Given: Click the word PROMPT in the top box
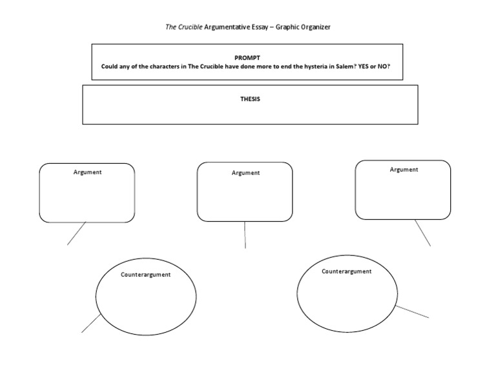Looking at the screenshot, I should (247, 57).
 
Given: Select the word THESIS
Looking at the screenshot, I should (249, 99).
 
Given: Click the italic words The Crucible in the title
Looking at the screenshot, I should (184, 27).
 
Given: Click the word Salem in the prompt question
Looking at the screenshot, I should (342, 66).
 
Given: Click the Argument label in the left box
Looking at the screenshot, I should (87, 172).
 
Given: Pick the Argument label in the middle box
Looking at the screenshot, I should (245, 173).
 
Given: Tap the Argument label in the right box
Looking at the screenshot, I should (404, 170).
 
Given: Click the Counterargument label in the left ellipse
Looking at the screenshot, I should (145, 275).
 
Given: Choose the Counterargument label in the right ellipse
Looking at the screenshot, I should (347, 271).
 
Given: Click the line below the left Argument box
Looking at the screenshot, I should (76, 233).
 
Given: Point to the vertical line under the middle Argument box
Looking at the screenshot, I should (245, 235).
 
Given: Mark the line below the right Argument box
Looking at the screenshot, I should (422, 233).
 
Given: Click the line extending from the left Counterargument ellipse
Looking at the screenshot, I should (91, 323).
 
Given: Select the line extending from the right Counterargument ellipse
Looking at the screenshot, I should (412, 311).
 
